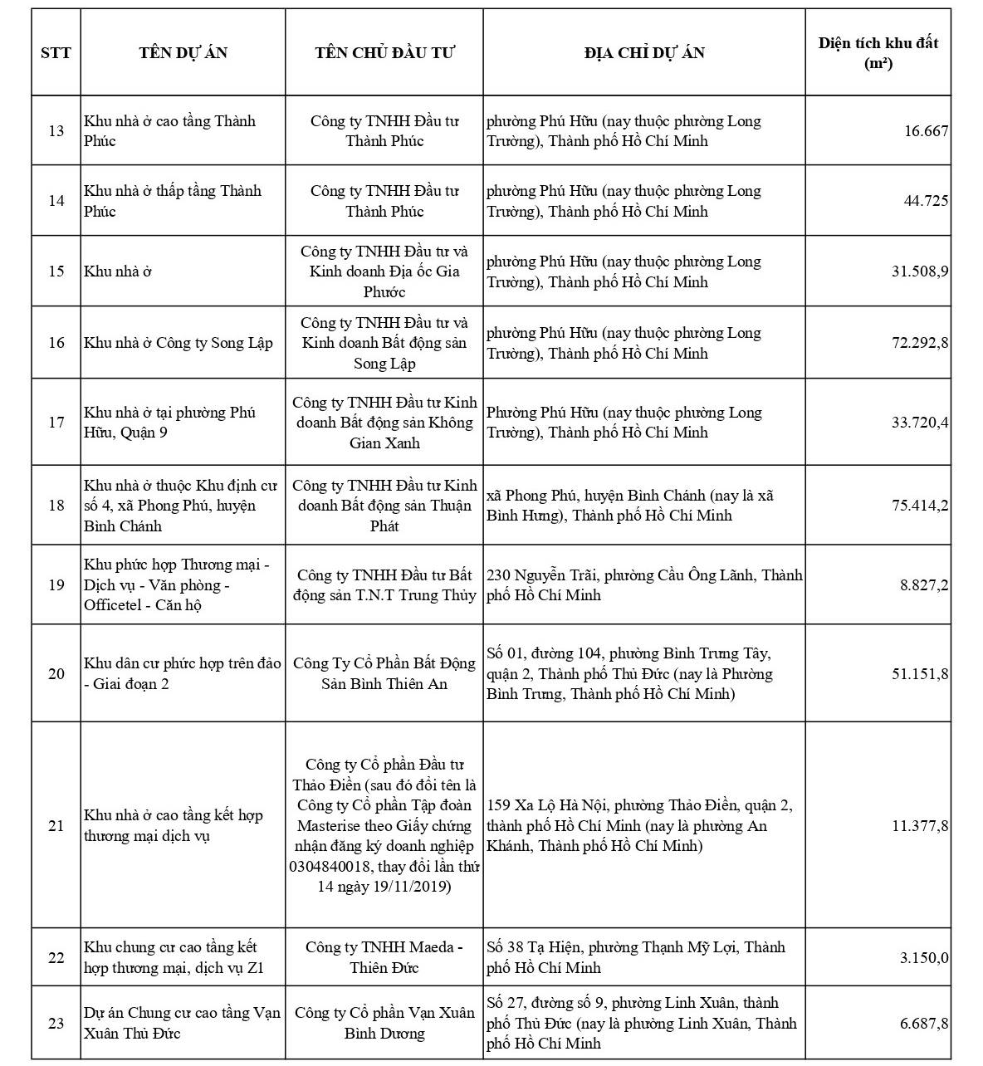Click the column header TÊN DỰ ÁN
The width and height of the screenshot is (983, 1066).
(183, 53)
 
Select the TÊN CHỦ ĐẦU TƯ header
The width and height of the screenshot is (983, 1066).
(384, 53)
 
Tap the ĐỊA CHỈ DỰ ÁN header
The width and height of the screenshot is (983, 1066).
(644, 53)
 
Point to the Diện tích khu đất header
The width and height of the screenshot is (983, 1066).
(878, 53)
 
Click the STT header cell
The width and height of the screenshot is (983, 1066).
(56, 53)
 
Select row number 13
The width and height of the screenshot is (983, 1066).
(56, 131)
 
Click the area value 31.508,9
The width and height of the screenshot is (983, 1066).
(920, 271)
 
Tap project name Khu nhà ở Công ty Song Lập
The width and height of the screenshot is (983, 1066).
(178, 343)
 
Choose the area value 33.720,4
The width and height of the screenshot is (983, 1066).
(920, 423)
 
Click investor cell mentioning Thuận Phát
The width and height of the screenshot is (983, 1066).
(384, 506)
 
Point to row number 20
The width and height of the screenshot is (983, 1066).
(56, 673)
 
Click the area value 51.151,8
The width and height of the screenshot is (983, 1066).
(920, 673)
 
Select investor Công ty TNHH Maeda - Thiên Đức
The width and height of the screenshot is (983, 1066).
(384, 957)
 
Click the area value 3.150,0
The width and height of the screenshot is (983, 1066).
(924, 958)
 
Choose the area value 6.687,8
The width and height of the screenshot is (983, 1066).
(924, 1024)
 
